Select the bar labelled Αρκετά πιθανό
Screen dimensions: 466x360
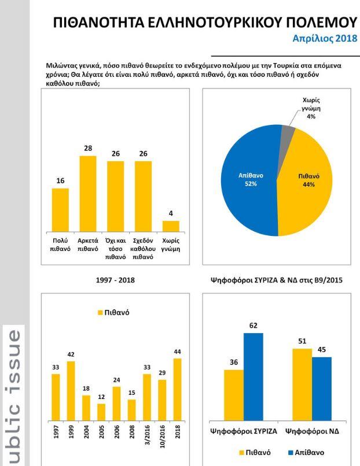tap(88, 193)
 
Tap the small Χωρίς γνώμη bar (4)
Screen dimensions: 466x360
tap(171, 225)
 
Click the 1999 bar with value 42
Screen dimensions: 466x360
tap(71, 391)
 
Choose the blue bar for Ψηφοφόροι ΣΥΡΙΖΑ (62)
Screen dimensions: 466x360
tap(253, 376)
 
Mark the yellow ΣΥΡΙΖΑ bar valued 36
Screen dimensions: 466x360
tap(233, 394)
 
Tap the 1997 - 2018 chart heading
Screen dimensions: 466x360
tap(115, 280)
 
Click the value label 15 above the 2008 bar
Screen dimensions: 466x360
tap(131, 393)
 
